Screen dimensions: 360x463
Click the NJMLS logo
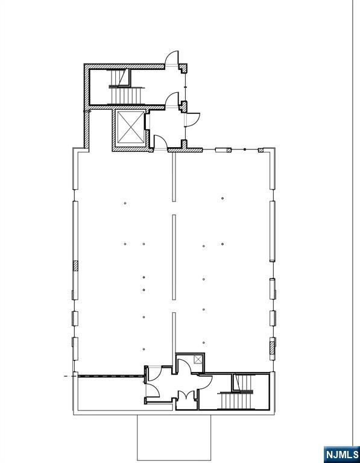tap(342, 455)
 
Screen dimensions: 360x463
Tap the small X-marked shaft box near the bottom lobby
tap(198, 359)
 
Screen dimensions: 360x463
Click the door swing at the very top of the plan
tap(172, 58)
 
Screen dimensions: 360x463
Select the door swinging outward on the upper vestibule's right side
tap(192, 120)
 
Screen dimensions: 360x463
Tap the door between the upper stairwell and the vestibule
tap(172, 99)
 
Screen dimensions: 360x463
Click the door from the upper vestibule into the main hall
tap(160, 143)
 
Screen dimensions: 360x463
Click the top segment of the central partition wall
tap(174, 177)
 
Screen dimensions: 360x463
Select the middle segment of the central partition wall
tap(174, 257)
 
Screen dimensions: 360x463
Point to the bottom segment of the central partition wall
tap(174, 333)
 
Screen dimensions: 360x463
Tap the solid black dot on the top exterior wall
tap(245, 150)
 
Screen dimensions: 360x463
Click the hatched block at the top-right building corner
tap(261, 150)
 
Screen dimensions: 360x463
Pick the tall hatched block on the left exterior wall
tap(75, 266)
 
